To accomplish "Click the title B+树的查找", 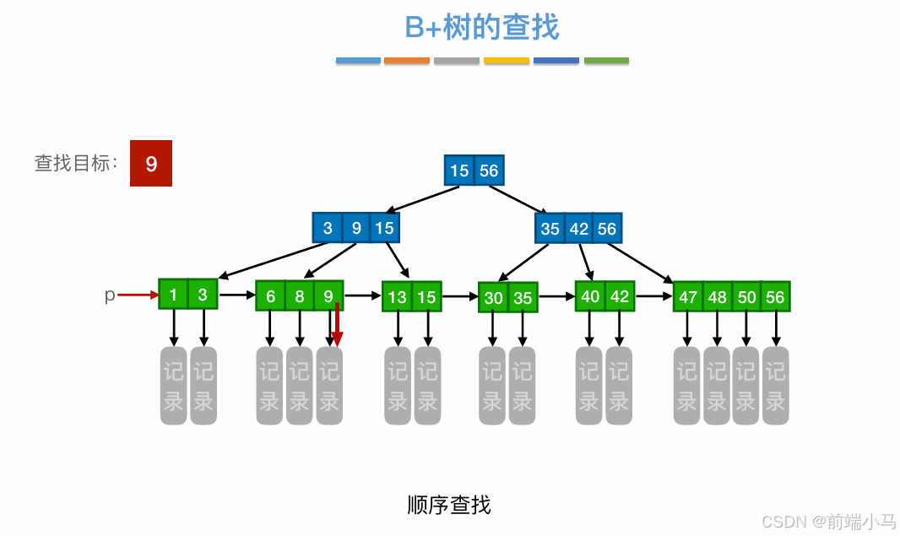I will pyautogui.click(x=481, y=27).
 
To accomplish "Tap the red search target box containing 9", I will pyautogui.click(x=151, y=163).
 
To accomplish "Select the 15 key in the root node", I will pyautogui.click(x=459, y=171).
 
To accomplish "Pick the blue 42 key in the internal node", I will pyautogui.click(x=578, y=228).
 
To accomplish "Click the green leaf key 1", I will pyautogui.click(x=173, y=295).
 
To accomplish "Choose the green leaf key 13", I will pyautogui.click(x=398, y=296).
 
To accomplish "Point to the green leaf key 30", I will pyautogui.click(x=493, y=297).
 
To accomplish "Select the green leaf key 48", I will pyautogui.click(x=717, y=296).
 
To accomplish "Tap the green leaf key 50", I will pyautogui.click(x=746, y=296).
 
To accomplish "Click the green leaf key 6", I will pyautogui.click(x=270, y=296).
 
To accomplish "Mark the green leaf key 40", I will pyautogui.click(x=590, y=296).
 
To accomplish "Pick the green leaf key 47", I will pyautogui.click(x=688, y=296).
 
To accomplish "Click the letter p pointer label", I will pyautogui.click(x=109, y=295).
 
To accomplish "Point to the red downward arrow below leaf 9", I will pyautogui.click(x=337, y=325).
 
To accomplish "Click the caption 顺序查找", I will pyautogui.click(x=448, y=505).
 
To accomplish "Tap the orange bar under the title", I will pyautogui.click(x=407, y=61).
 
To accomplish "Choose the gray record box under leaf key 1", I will pyautogui.click(x=173, y=386).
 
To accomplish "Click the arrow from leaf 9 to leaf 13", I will pyautogui.click(x=363, y=296).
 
